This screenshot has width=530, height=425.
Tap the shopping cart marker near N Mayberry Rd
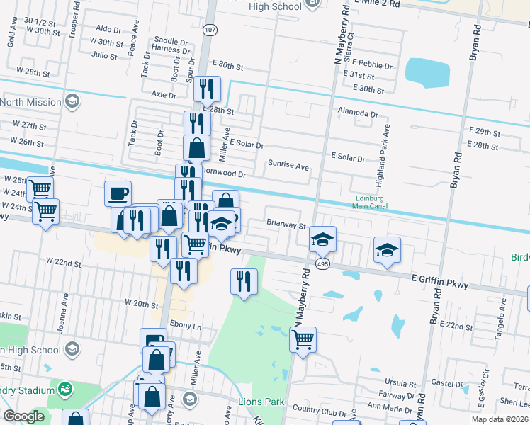pos(303,339)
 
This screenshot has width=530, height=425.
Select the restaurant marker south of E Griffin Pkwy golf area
pos(244,282)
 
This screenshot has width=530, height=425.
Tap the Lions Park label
pos(261,402)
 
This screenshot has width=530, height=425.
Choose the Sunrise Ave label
pos(288,166)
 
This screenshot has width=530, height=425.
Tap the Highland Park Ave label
pos(387,146)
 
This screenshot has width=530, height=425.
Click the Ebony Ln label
pos(186,327)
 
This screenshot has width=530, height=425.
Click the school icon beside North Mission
pos(72,102)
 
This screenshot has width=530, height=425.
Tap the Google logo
pos(23,416)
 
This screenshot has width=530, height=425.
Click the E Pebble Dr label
pos(367,65)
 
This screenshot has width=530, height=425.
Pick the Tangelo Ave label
pos(504,316)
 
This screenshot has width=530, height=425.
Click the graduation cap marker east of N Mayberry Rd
pos(386,250)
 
